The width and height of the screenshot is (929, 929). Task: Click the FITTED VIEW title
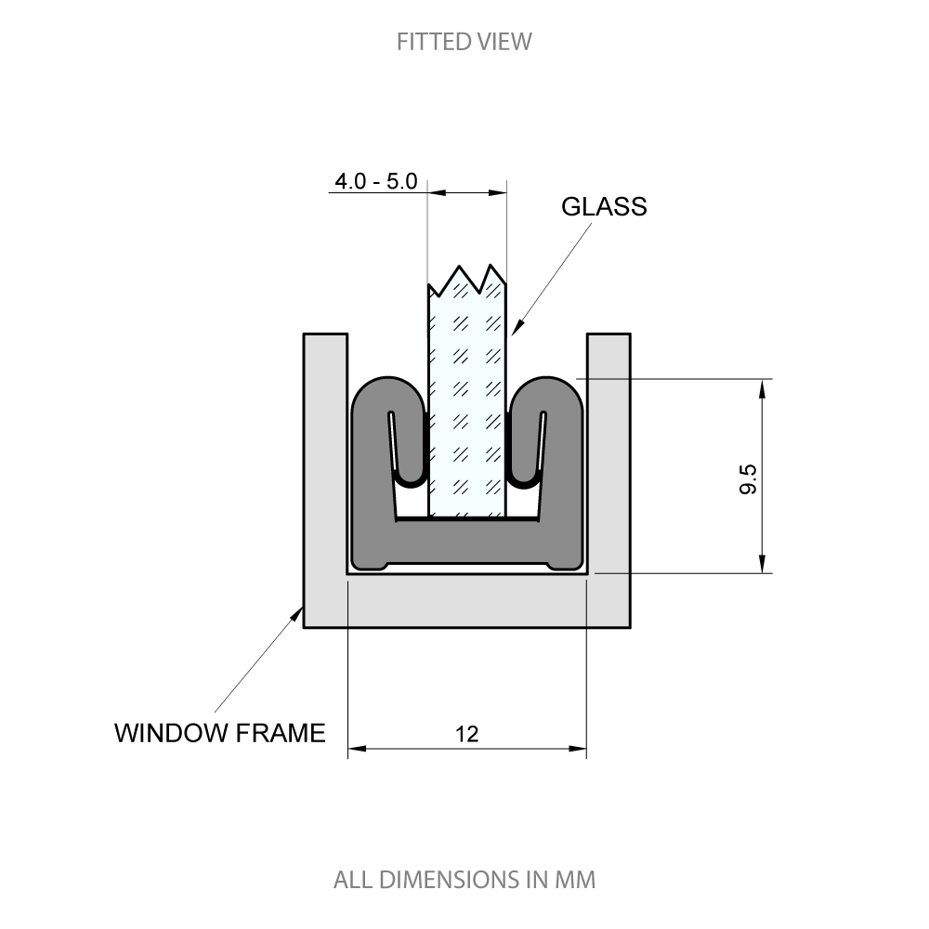464,42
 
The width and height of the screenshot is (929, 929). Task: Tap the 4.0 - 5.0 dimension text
376,181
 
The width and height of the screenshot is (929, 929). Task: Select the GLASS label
604,206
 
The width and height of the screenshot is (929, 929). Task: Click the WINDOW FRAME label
220,733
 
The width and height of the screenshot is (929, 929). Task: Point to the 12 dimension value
467,735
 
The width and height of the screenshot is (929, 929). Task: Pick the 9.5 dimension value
749,478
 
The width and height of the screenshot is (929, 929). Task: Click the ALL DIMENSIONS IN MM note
464,879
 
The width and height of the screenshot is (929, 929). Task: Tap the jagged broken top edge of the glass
467,277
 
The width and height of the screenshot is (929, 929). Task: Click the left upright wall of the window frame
325,455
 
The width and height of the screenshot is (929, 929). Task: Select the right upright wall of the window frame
608,455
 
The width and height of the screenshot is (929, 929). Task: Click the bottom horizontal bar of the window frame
467,602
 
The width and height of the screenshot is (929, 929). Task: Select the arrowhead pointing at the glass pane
517,327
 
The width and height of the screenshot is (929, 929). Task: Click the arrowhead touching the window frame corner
299,613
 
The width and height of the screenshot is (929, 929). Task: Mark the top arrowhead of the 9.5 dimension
763,387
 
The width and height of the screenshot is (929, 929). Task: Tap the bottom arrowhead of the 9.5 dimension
763,565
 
